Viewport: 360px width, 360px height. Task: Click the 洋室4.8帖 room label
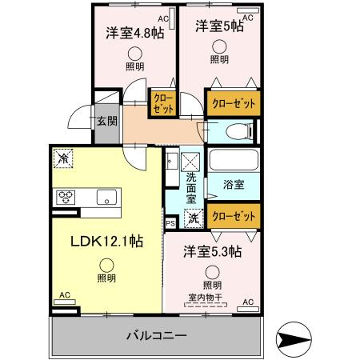[x=132, y=34]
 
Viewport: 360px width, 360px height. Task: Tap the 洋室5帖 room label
[x=219, y=26]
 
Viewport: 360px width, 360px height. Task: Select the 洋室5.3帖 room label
[x=211, y=251]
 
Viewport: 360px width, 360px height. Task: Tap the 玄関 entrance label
[x=106, y=122]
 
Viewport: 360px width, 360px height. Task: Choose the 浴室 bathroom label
[x=234, y=184]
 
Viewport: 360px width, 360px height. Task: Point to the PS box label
[x=170, y=223]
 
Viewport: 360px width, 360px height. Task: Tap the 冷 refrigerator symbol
[x=64, y=158]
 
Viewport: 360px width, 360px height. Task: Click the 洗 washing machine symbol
[x=194, y=215]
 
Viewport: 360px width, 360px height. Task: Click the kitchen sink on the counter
[x=107, y=197]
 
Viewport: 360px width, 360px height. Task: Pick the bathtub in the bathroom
[x=233, y=162]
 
